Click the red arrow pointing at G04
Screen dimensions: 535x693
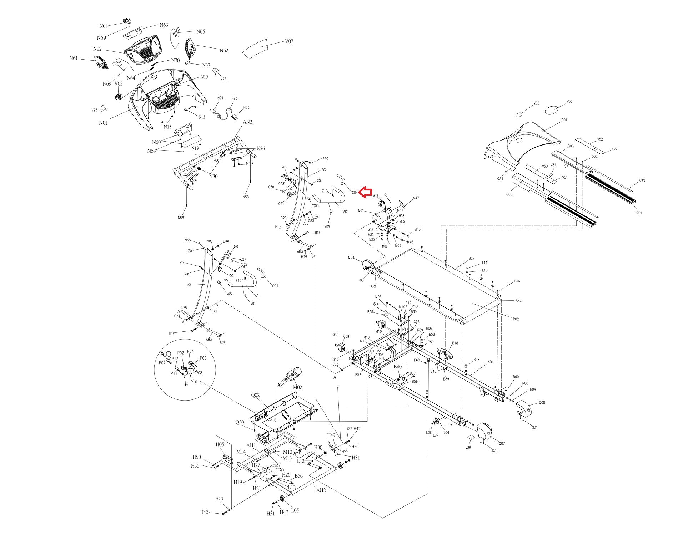[365, 192]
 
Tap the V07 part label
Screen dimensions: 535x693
[289, 41]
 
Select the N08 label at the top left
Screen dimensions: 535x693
[104, 26]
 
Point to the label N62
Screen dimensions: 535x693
[224, 51]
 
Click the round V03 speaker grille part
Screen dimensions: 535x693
[119, 96]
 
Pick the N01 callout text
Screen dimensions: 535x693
[103, 123]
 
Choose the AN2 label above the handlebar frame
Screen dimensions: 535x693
[247, 122]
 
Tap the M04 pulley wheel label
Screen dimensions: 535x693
[351, 257]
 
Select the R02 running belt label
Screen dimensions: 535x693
[516, 319]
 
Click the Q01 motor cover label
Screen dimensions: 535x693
[564, 120]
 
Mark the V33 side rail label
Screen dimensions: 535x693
[642, 181]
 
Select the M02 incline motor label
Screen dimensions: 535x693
[297, 387]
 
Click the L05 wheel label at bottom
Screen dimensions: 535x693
[295, 510]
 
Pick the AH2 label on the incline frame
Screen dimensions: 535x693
[321, 490]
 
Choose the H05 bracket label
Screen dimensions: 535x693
[220, 444]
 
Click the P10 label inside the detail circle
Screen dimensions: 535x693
[194, 382]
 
